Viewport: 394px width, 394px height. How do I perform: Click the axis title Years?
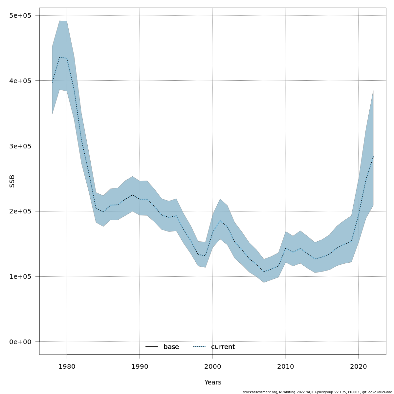click(x=213, y=383)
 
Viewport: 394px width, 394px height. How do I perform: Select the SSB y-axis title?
click(x=12, y=181)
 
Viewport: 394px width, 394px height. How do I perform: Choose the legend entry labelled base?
click(x=171, y=347)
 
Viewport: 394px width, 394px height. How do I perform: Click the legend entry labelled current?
click(x=223, y=347)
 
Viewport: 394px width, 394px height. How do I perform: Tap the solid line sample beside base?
click(x=152, y=347)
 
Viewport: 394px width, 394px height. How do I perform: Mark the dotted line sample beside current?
click(x=199, y=347)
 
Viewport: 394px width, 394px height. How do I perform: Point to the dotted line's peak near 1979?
click(x=59, y=57)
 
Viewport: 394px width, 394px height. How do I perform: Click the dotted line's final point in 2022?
click(x=373, y=156)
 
